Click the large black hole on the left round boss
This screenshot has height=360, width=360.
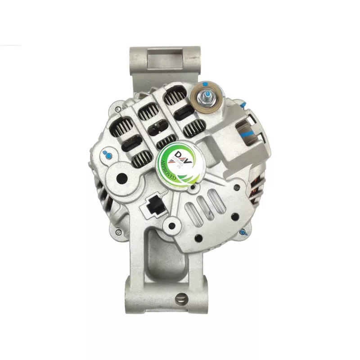[121, 178]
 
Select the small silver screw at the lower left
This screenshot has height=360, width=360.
[118, 232]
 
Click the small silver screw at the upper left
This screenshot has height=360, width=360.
[118, 109]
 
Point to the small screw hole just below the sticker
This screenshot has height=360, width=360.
[193, 186]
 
